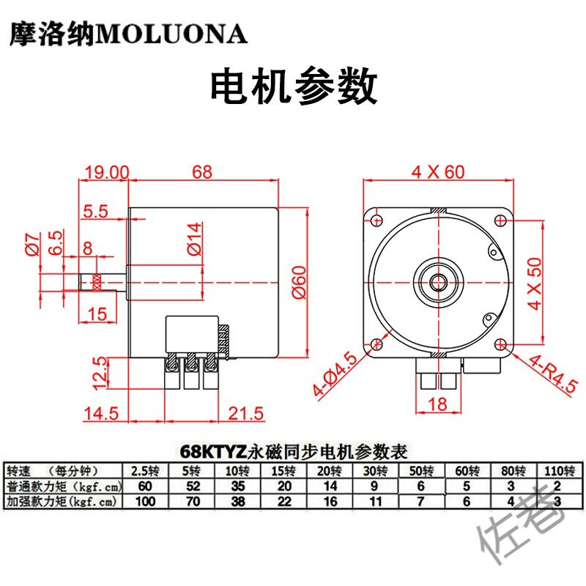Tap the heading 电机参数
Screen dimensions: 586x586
(x=293, y=87)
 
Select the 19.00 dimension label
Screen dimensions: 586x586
(x=106, y=172)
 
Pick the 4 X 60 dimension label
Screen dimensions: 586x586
(x=438, y=172)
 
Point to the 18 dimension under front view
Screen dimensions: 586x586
(x=438, y=404)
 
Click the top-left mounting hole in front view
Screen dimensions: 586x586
(x=377, y=220)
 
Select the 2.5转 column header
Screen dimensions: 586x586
(x=145, y=470)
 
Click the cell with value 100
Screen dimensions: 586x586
(x=145, y=501)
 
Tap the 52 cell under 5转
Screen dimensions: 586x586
(x=191, y=486)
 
